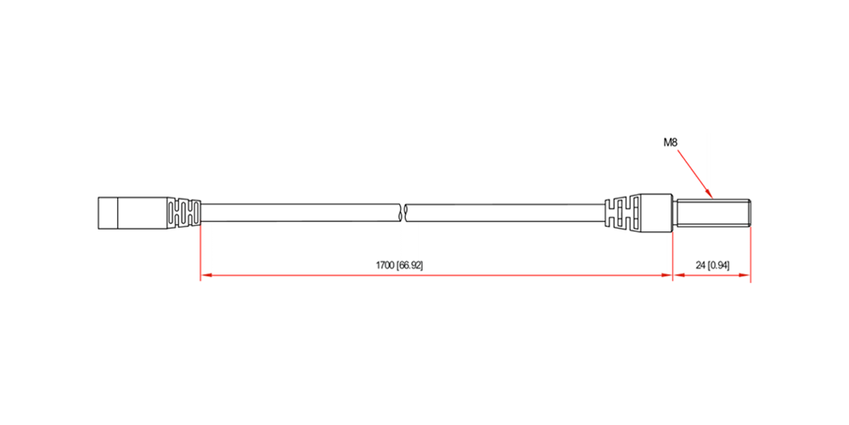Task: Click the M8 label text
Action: pos(671,143)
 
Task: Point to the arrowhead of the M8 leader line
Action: pos(709,192)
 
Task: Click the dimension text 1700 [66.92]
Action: pos(399,265)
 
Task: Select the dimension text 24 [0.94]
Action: pos(712,265)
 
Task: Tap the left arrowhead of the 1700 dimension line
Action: pos(205,276)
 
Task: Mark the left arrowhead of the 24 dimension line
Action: pos(678,276)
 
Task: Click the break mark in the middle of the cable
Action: pos(402,213)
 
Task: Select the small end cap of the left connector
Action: pos(108,213)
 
